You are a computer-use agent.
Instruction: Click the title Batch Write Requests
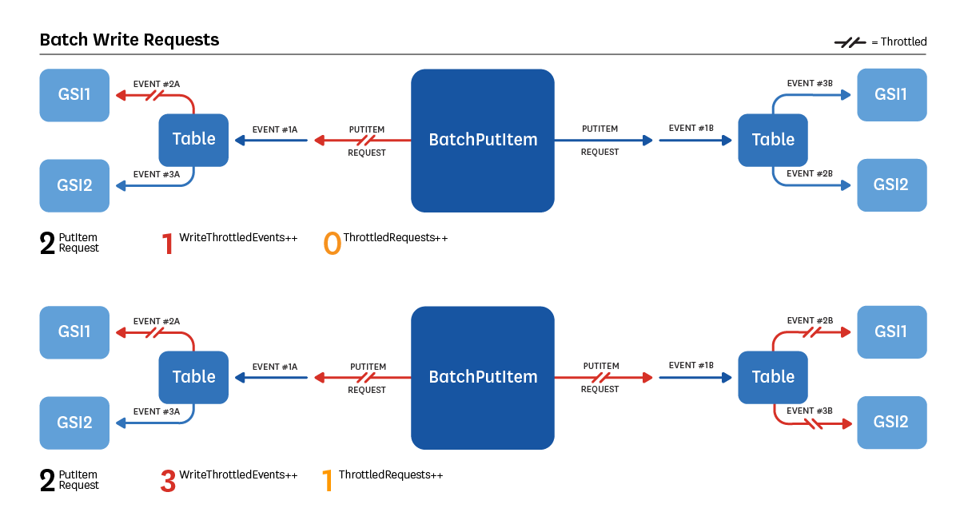129,39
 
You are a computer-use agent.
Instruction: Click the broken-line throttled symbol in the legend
850,42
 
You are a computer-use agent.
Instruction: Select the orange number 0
332,244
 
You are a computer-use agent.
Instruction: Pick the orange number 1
326,481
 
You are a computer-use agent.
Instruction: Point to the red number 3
168,481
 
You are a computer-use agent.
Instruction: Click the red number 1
168,244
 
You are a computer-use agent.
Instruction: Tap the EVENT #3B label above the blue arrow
810,83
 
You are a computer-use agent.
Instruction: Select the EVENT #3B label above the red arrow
810,411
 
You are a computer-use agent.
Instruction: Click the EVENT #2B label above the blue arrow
810,173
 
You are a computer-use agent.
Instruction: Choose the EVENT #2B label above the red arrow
810,320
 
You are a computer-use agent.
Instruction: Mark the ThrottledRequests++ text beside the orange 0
395,238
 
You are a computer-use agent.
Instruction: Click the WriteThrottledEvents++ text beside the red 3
238,475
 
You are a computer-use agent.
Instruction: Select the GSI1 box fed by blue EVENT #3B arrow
891,94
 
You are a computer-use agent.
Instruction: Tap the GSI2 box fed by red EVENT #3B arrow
891,422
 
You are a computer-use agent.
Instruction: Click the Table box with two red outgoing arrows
773,377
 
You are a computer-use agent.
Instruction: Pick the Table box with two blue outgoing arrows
773,140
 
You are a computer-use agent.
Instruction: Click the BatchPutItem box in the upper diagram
483,140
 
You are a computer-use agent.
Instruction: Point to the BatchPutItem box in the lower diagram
483,377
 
